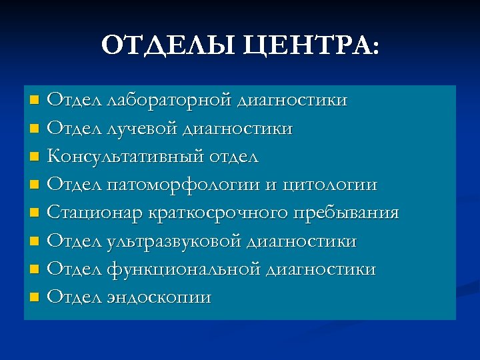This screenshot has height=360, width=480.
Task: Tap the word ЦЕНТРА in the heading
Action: coord(307,47)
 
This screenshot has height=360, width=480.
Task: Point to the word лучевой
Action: coord(139,128)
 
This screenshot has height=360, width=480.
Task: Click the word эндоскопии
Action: coord(159,298)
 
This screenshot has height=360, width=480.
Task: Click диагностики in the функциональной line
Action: coord(321,270)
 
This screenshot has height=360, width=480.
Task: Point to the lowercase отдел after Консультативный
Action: coord(233,157)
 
